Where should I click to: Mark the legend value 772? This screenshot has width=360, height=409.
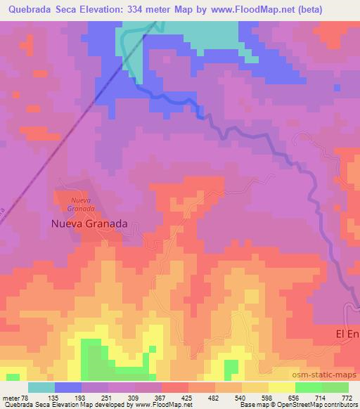tap(347, 398)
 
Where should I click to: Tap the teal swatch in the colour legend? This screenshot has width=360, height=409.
tap(41, 387)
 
